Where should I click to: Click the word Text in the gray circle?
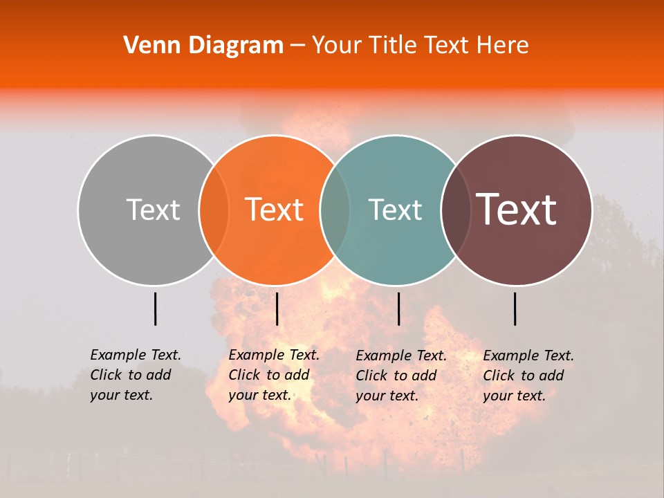(x=153, y=210)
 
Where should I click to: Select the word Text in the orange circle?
(x=275, y=210)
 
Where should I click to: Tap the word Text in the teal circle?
(x=395, y=210)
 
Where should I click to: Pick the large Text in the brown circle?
(x=516, y=209)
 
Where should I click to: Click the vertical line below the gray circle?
(x=155, y=308)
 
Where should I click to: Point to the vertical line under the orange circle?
(x=277, y=308)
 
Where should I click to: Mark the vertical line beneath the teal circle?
(x=398, y=308)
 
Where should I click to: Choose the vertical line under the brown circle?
(x=515, y=308)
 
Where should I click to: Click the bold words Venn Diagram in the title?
(x=203, y=46)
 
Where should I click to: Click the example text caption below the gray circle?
(x=136, y=375)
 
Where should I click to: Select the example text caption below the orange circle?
(x=274, y=375)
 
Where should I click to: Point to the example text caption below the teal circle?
(x=401, y=376)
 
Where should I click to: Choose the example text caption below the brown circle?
(x=528, y=376)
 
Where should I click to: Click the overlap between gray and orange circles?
(x=214, y=210)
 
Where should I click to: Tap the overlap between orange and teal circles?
(x=335, y=210)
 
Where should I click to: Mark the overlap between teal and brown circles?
(x=456, y=210)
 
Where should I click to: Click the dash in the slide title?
(x=297, y=46)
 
